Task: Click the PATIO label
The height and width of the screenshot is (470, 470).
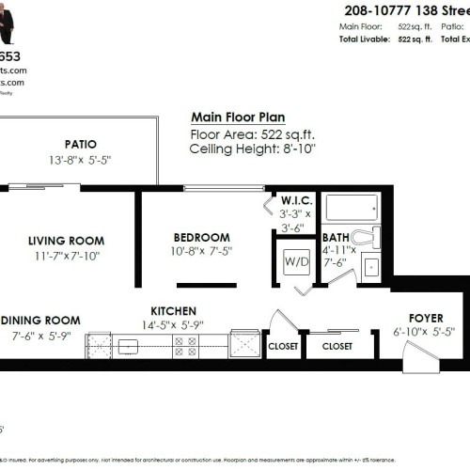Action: pyautogui.click(x=81, y=144)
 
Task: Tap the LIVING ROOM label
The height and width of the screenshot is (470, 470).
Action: pyautogui.click(x=66, y=241)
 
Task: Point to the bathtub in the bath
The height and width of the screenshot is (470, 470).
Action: pyautogui.click(x=352, y=207)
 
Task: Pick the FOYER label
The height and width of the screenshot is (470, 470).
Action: pyautogui.click(x=425, y=319)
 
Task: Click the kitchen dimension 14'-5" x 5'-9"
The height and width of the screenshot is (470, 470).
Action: pyautogui.click(x=174, y=325)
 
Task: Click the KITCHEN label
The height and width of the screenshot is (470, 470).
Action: pyautogui.click(x=174, y=311)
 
